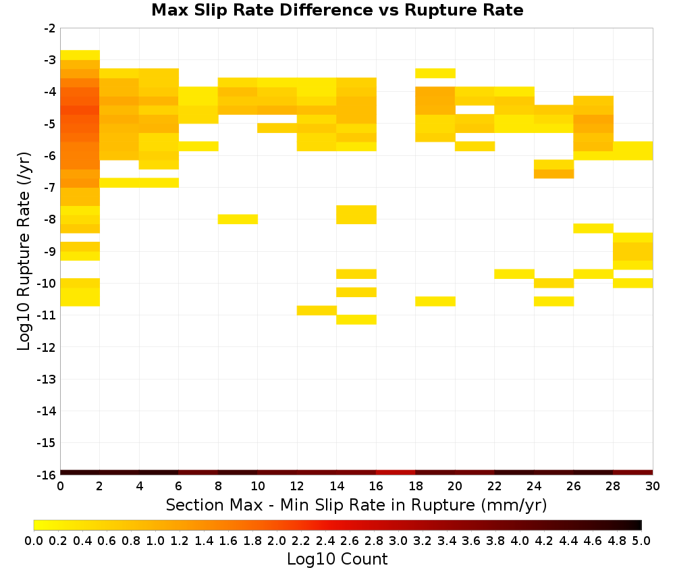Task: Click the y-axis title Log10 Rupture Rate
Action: pyautogui.click(x=24, y=251)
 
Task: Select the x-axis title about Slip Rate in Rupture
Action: pyautogui.click(x=356, y=504)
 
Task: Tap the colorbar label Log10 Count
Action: pyautogui.click(x=337, y=559)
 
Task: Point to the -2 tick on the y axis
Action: pyautogui.click(x=49, y=28)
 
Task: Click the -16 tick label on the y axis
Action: pyautogui.click(x=47, y=475)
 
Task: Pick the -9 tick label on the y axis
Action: pyautogui.click(x=49, y=251)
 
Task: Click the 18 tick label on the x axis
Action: pyautogui.click(x=415, y=486)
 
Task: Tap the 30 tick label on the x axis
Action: pyautogui.click(x=653, y=486)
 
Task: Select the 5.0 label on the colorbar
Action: pyautogui.click(x=641, y=540)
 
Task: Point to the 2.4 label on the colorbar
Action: pyautogui.click(x=325, y=540)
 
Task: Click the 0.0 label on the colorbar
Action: pyautogui.click(x=34, y=540)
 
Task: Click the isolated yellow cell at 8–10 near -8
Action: pyautogui.click(x=238, y=219)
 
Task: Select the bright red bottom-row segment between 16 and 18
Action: pyautogui.click(x=396, y=473)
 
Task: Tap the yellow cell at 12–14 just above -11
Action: pyautogui.click(x=317, y=311)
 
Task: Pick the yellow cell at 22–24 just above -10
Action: pyautogui.click(x=514, y=274)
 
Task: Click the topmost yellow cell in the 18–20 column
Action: pyautogui.click(x=435, y=73)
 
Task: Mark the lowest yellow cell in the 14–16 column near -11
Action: pyautogui.click(x=356, y=319)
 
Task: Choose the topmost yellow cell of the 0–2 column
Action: pyautogui.click(x=80, y=55)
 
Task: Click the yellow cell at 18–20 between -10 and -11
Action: pyautogui.click(x=435, y=301)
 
